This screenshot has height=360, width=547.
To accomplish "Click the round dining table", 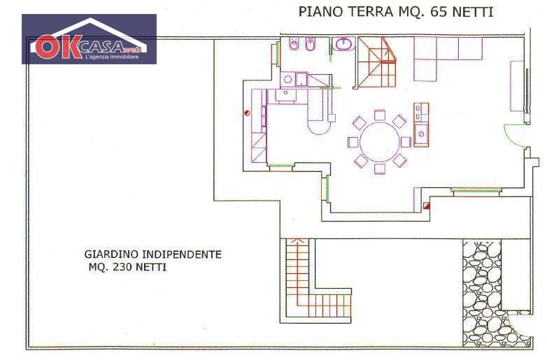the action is [x=380, y=141].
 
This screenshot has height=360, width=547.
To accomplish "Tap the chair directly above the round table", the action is [x=380, y=115].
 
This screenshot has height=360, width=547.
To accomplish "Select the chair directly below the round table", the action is [x=380, y=168].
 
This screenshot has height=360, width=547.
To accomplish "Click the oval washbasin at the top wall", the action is [x=344, y=44].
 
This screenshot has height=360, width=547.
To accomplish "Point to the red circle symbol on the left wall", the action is [x=247, y=113].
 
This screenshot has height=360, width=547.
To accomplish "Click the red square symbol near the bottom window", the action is [x=426, y=206].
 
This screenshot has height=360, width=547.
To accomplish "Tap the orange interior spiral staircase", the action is [x=377, y=62].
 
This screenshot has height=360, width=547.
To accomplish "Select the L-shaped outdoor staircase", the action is [x=307, y=286].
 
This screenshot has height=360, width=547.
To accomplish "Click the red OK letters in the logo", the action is [x=58, y=47].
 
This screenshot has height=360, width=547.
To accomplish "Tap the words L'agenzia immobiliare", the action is [x=112, y=57].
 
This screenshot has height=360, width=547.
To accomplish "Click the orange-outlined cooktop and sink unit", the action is [x=421, y=124].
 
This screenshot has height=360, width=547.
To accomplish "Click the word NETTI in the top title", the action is [x=473, y=12].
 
